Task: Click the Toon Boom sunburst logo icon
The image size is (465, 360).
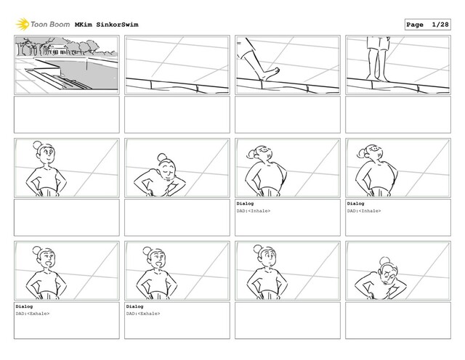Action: coord(23,24)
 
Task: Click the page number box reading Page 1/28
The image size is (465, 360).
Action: coord(427,25)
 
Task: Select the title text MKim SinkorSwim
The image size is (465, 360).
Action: coord(107,25)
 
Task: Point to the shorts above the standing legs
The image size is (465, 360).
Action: coord(378,44)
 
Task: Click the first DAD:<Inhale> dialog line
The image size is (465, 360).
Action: coord(254,211)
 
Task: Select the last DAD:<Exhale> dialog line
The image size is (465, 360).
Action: coord(143,314)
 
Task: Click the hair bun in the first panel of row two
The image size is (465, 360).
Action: coord(37,145)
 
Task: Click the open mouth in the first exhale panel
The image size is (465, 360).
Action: coord(49,263)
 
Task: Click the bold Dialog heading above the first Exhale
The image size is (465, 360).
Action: coord(24,306)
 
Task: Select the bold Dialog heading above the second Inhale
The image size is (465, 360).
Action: coord(355,203)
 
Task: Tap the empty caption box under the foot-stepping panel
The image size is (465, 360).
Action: coord(288,115)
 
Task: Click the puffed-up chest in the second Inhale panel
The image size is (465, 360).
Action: coord(377,176)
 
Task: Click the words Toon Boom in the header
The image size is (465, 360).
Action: coord(50,24)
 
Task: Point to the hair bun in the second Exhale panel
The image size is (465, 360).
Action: coord(147,251)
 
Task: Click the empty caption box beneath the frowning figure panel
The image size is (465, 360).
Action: coord(398,320)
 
